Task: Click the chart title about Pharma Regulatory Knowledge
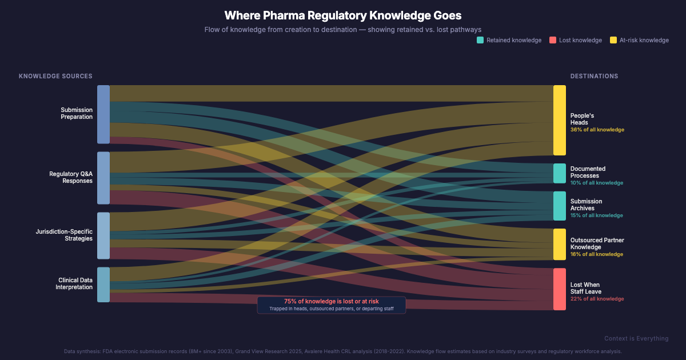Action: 342,15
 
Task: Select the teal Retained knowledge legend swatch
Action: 480,40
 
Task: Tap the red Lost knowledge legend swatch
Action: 553,40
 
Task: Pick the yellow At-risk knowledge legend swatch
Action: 613,40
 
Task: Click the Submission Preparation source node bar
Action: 103,114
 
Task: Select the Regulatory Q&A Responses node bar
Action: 103,178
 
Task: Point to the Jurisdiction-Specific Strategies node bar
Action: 103,235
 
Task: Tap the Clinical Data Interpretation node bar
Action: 103,285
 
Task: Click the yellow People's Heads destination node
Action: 559,120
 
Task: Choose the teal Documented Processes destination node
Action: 559,173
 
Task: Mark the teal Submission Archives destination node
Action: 559,206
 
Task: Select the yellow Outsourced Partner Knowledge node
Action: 559,244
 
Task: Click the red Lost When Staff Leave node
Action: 559,289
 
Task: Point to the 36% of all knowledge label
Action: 597,130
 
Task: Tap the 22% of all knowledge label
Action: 597,299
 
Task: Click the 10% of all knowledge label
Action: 597,183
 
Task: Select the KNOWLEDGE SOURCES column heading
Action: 55,76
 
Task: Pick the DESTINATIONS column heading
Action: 594,76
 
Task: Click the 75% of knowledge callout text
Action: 331,301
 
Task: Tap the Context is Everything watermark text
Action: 636,339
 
